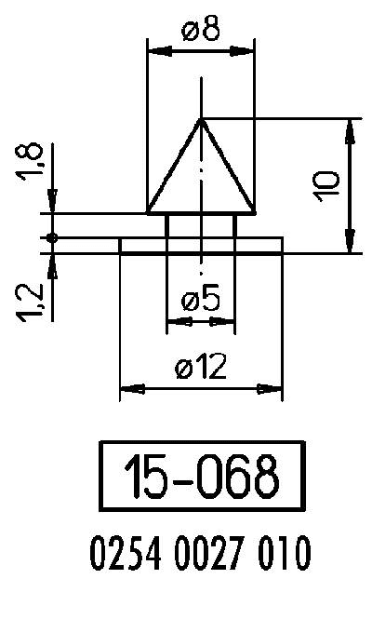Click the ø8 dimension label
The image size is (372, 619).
[201, 32]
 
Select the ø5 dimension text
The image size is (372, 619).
[200, 300]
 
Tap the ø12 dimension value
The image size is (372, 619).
[200, 368]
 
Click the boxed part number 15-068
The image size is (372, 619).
[202, 476]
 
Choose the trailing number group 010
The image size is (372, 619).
[280, 556]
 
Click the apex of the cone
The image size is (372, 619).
[201, 118]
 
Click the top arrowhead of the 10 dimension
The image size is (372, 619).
[350, 126]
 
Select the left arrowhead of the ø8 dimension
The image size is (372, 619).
[154, 51]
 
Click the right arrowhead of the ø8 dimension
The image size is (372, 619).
[248, 51]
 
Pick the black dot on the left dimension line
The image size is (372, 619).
[53, 238]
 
